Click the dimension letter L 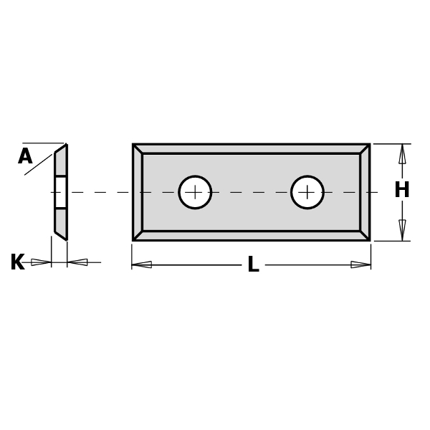tap(253, 265)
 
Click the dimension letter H tap(402, 191)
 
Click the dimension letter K tap(17, 263)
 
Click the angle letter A tap(25, 157)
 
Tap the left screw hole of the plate tap(195, 192)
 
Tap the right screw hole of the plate tap(307, 192)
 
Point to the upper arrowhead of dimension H tap(402, 153)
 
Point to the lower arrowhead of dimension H tap(402, 230)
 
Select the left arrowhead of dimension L tap(142, 264)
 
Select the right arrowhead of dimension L tap(360, 264)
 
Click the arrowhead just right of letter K tap(41, 262)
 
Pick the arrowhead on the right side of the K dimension tap(77, 262)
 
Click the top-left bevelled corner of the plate tap(138, 149)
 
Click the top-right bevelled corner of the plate tap(365, 149)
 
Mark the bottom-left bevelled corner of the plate tap(138, 235)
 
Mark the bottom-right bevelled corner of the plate tap(365, 235)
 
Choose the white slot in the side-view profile tap(61, 192)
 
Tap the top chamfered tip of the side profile tap(62, 150)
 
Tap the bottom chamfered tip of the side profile tap(61, 234)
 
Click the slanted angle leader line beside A tap(39, 164)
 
